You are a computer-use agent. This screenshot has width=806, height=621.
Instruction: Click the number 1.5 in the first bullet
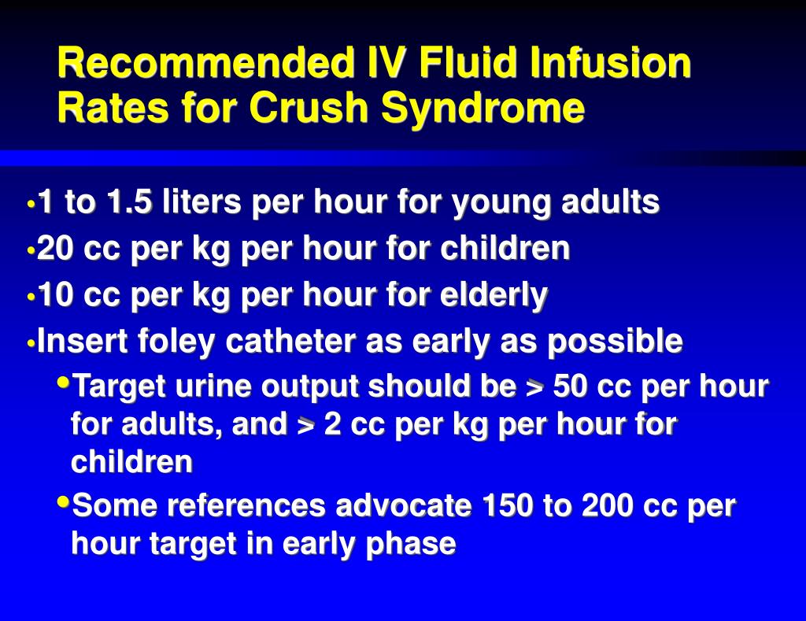(x=131, y=203)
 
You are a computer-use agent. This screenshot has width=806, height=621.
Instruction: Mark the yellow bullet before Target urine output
(x=63, y=382)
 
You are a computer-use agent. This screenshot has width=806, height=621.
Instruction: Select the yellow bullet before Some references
(x=63, y=501)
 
